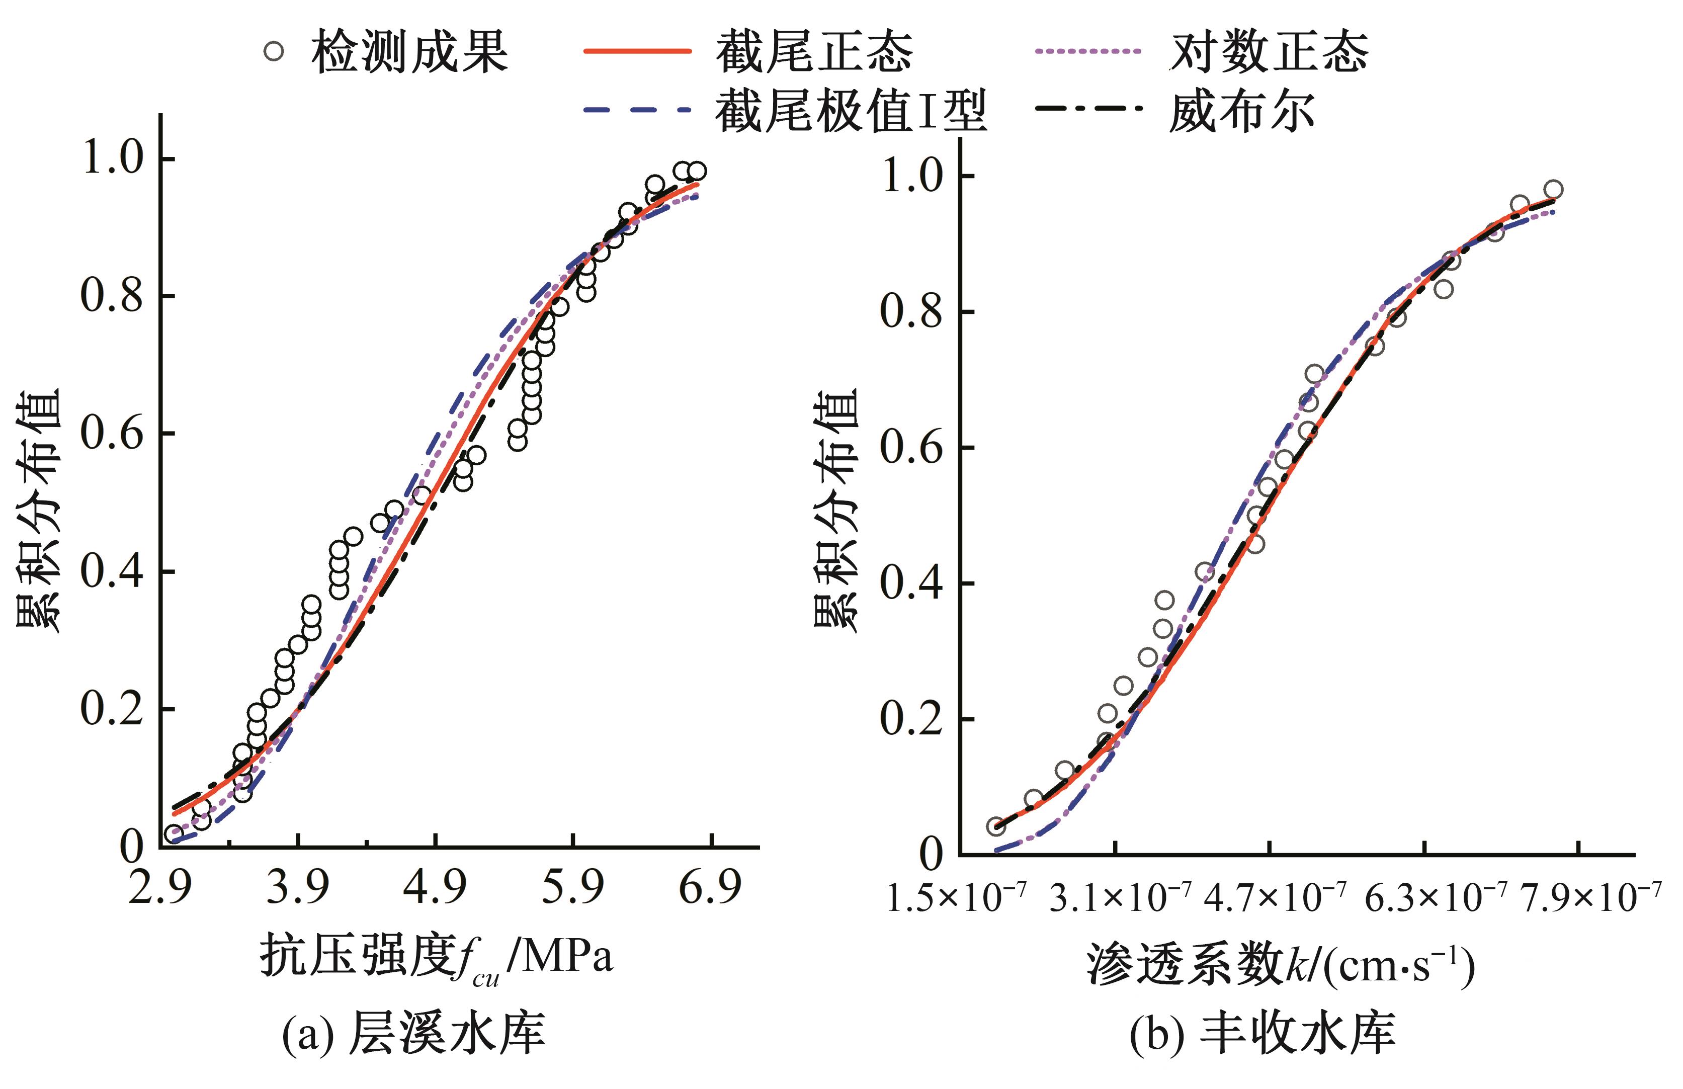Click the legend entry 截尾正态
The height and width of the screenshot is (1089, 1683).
(x=813, y=52)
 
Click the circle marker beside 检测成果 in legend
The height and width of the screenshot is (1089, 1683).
(x=274, y=52)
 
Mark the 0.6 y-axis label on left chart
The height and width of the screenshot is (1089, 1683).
(x=112, y=433)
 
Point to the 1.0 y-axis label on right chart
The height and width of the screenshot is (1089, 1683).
(x=912, y=176)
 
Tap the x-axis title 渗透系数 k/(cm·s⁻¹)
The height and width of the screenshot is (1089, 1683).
(x=1280, y=965)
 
